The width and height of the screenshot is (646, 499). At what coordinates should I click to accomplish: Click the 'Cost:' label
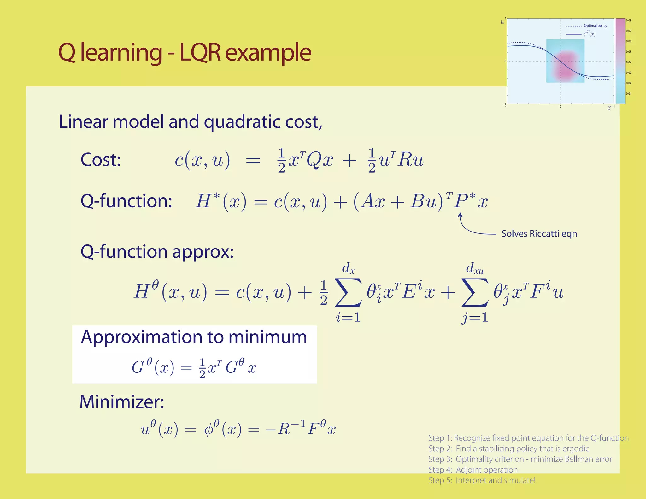coord(101,160)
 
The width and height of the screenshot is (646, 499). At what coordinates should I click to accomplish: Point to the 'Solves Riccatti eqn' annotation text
coord(539,234)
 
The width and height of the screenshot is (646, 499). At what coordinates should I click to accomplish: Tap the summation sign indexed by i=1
coord(348,292)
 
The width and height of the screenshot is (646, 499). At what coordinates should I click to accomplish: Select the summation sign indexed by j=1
coord(475,292)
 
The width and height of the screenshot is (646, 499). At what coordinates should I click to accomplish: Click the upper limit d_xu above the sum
coord(475,268)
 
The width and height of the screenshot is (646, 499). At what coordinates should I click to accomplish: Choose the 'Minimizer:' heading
coord(122,402)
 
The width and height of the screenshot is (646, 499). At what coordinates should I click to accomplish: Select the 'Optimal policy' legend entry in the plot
coord(595,26)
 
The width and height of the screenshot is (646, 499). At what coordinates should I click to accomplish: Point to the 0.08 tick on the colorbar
coord(629,21)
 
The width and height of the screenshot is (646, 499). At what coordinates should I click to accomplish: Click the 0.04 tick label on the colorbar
coord(629,62)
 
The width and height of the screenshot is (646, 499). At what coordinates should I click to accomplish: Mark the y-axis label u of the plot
coord(502,22)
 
